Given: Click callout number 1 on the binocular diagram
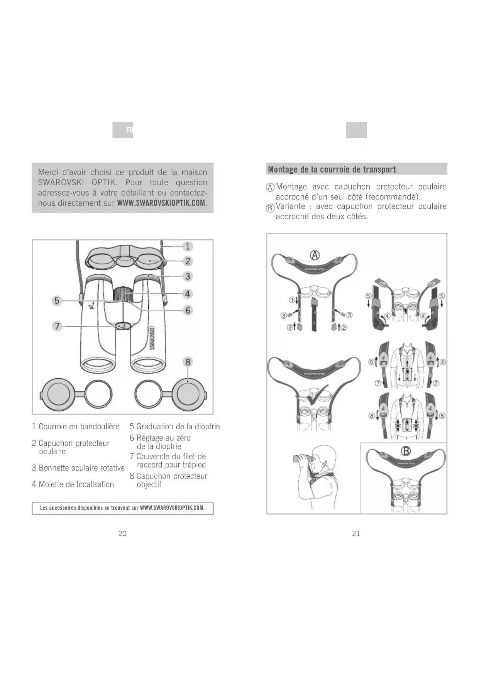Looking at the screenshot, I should click(188, 246).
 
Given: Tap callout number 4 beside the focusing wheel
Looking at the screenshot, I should click(188, 294).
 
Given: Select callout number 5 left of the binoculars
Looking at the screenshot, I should click(57, 300).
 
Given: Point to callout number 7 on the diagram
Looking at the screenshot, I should click(57, 326).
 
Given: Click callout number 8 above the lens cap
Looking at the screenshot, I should click(188, 362).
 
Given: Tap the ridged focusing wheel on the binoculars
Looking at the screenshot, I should click(123, 294).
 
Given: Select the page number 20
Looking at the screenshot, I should click(122, 533).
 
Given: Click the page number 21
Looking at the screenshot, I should click(356, 533).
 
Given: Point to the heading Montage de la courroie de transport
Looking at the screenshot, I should click(332, 169).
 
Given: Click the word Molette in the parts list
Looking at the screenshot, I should click(51, 484).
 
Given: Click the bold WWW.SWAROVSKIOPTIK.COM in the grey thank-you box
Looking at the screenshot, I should click(161, 203).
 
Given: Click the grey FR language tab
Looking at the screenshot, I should click(123, 130).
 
